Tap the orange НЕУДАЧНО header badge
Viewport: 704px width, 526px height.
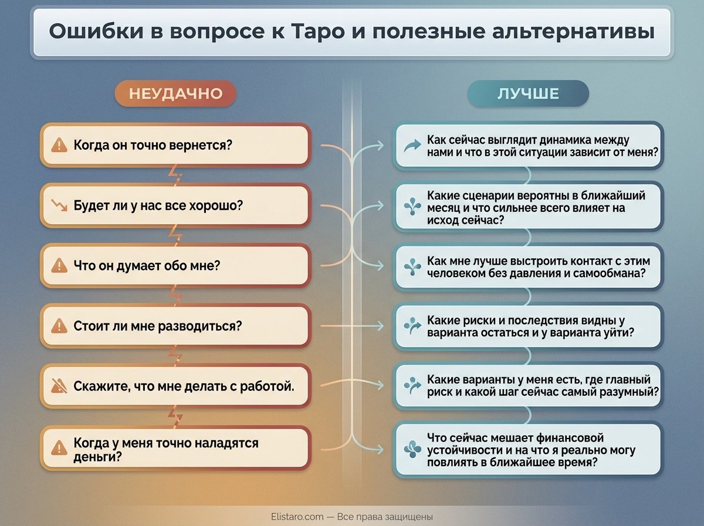(175, 94)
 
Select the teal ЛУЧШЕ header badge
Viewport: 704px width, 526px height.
(528, 94)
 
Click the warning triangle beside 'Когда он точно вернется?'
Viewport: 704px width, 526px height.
(59, 145)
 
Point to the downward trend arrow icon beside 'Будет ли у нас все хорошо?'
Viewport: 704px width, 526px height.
(59, 205)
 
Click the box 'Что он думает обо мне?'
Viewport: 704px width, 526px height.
(175, 265)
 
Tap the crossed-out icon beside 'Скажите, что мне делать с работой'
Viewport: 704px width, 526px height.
(59, 386)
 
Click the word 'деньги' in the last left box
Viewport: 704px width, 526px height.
(93, 456)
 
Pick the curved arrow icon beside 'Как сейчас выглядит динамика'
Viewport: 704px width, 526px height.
(413, 146)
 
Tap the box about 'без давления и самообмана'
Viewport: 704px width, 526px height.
(528, 267)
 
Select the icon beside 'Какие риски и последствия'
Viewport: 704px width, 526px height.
(413, 326)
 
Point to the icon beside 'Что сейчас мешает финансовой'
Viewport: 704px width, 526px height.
(413, 450)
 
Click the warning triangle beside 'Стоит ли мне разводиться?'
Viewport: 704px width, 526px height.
(59, 326)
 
